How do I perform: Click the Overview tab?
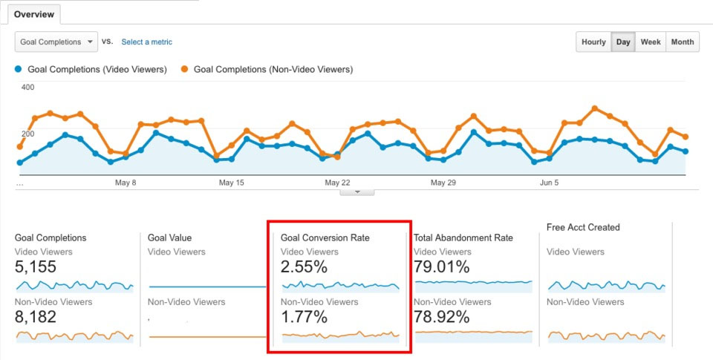33,15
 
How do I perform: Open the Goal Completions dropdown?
56,42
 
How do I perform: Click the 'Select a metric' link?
147,42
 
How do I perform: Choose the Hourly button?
593,42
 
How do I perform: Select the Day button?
623,42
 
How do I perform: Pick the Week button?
651,42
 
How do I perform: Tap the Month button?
683,42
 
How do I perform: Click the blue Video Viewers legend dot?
19,70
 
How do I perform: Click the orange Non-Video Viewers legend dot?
184,70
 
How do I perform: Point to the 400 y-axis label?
28,88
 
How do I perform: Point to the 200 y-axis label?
28,134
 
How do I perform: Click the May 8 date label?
126,183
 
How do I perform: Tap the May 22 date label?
337,183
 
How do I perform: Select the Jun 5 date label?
548,183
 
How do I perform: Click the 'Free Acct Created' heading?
583,227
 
